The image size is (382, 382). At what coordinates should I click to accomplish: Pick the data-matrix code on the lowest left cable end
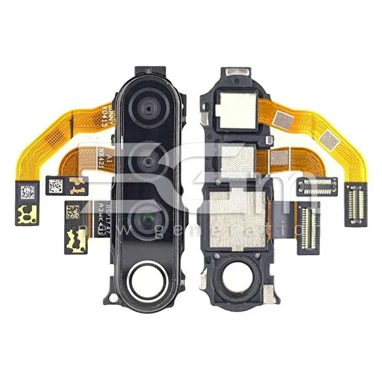tap(73, 212)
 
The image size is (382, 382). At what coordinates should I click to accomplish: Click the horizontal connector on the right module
tap(318, 186)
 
